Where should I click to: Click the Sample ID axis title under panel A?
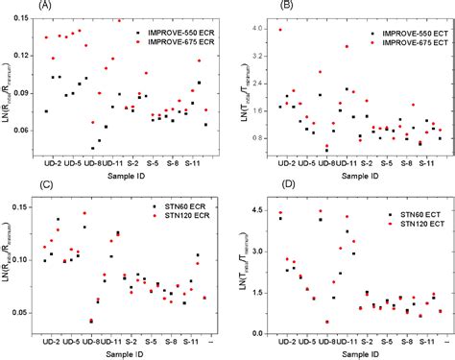(123, 177)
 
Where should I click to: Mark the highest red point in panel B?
(280, 30)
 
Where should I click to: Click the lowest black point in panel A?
(93, 148)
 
